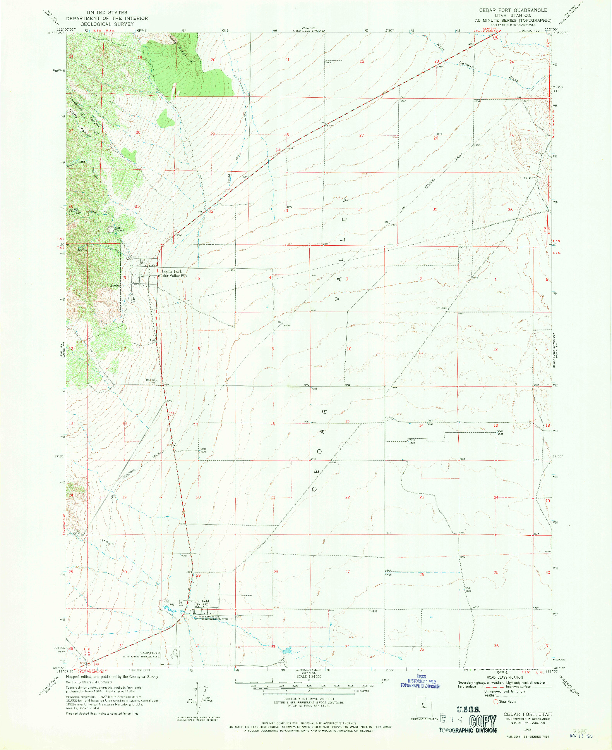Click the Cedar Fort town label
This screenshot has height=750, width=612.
click(x=171, y=271)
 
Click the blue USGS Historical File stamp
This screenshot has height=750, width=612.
click(x=420, y=684)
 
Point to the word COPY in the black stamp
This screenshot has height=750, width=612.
click(x=482, y=721)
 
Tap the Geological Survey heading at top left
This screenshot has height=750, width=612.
click(x=106, y=24)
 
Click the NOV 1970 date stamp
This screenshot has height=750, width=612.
click(x=584, y=736)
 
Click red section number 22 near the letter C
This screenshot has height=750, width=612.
click(x=347, y=497)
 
